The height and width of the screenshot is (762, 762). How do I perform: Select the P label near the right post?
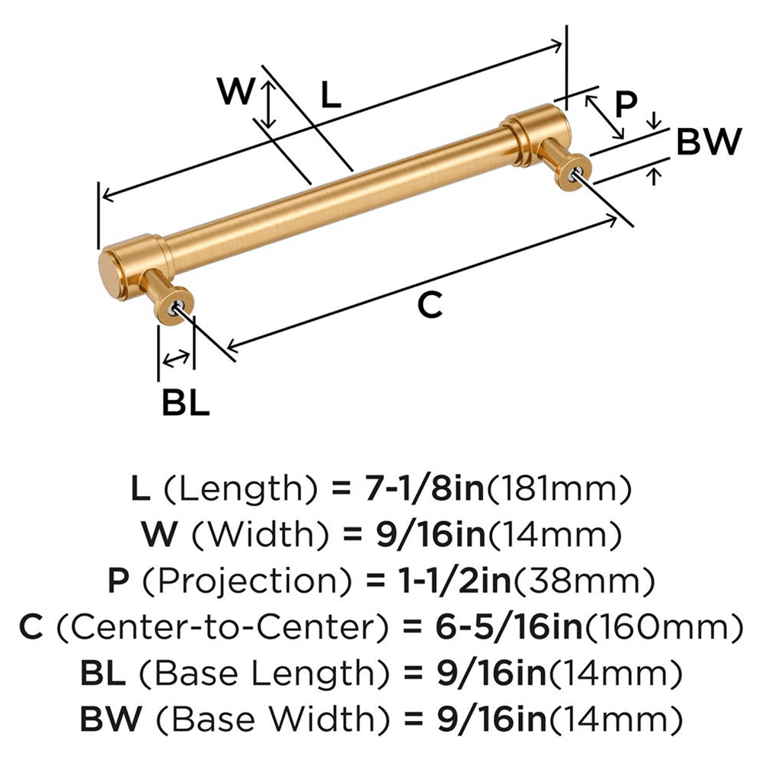624,105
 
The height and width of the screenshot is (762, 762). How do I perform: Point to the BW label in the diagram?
708,142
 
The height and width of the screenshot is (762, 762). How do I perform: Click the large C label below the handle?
430,306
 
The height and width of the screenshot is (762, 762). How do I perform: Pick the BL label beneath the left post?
185,404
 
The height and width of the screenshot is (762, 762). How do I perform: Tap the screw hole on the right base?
576,171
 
